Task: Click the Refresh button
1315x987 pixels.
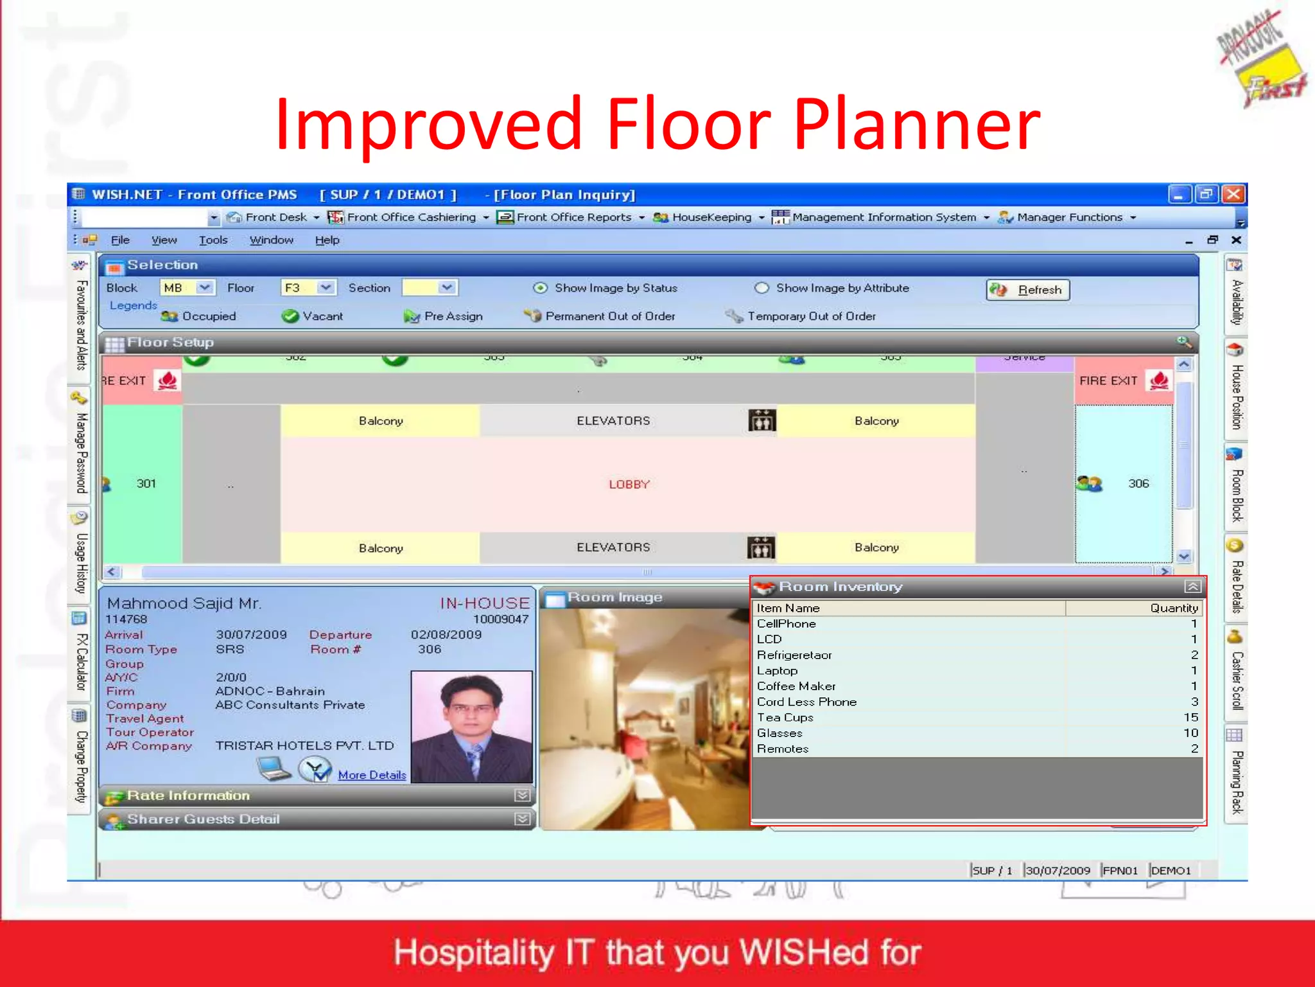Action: coord(1028,290)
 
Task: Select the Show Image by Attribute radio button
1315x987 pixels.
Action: coord(762,288)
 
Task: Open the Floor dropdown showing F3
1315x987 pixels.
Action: coord(326,287)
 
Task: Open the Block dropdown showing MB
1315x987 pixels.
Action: coord(205,287)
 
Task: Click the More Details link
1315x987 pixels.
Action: coord(372,775)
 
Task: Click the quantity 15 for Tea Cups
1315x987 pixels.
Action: coord(1190,717)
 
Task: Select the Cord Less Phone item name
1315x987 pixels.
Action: coord(806,702)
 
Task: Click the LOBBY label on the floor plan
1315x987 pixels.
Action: coord(629,485)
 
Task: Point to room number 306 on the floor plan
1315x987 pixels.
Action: coord(1138,483)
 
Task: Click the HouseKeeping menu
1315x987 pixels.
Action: coord(711,217)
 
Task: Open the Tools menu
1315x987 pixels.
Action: coord(213,240)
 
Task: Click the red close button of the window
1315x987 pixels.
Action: coord(1233,194)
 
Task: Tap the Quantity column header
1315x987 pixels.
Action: coord(1174,608)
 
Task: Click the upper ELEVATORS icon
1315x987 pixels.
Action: coord(762,420)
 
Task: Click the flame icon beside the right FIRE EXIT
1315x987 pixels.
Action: coord(1159,380)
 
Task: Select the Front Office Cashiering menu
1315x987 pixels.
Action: coord(411,217)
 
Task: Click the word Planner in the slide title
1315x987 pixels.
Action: coord(917,123)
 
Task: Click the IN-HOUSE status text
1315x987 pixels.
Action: coord(485,603)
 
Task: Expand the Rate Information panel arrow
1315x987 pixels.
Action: coord(522,796)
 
